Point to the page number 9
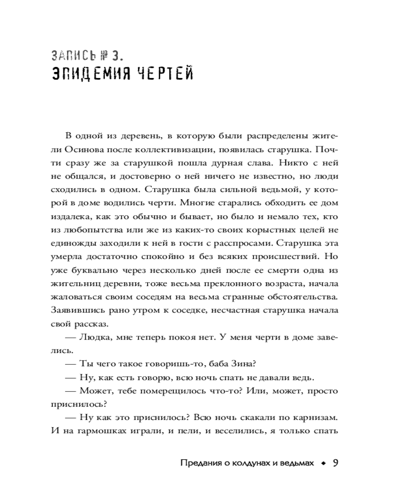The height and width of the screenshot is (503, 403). (x=335, y=463)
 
